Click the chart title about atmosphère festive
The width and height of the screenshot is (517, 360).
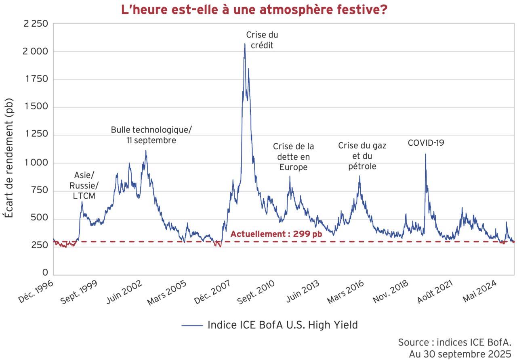tap(254, 9)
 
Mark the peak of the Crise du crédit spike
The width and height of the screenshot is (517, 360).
tap(245, 44)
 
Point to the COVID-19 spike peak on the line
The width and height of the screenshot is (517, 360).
tap(425, 154)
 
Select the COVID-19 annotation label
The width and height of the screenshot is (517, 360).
tap(426, 142)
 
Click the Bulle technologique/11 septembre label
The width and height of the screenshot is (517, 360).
tap(151, 135)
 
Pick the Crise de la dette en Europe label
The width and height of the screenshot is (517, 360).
tap(293, 157)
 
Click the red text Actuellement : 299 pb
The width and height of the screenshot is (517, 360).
tap(276, 234)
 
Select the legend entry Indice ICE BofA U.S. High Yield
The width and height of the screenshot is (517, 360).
tap(270, 325)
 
